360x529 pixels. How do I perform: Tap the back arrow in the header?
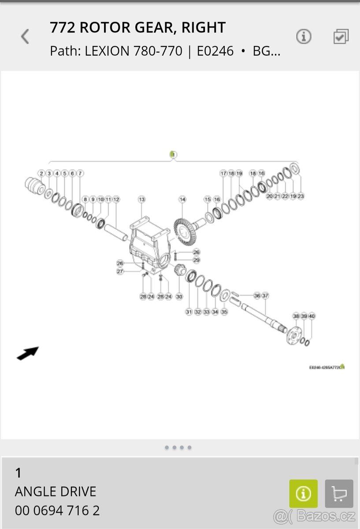point(25,37)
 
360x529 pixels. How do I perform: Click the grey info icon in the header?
point(304,37)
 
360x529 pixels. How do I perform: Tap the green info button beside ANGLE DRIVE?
point(303,493)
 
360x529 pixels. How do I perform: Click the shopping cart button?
point(339,493)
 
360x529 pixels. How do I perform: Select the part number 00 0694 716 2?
point(57,510)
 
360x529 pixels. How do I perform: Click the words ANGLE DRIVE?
point(56,491)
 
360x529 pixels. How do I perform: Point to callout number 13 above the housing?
point(141,200)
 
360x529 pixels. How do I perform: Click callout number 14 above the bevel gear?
point(182,200)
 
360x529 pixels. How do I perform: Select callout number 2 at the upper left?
point(41,173)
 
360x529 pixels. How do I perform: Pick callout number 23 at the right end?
point(301,196)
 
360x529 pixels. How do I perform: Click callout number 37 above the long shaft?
point(265,295)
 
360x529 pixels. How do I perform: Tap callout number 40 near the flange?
point(312,316)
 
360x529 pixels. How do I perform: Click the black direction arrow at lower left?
point(28,353)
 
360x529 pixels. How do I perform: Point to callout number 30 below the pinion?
point(179,297)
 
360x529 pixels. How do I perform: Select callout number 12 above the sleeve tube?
point(116,200)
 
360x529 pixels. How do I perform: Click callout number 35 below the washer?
point(224,312)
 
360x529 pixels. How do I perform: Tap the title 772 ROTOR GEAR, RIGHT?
point(137,28)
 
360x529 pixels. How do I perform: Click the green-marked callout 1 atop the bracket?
point(173,154)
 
